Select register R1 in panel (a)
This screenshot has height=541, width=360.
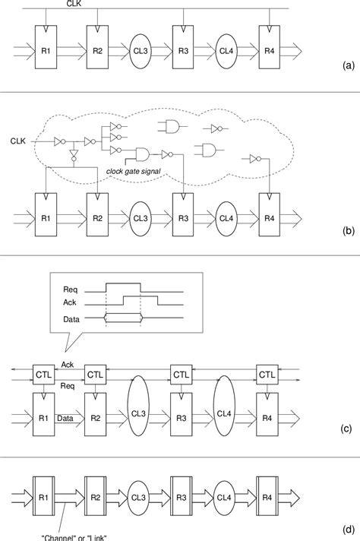pos(46,50)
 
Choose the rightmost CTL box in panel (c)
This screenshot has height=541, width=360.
pos(267,375)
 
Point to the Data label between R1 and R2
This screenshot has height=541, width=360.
pos(65,418)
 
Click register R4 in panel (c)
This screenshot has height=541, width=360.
pos(267,419)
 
